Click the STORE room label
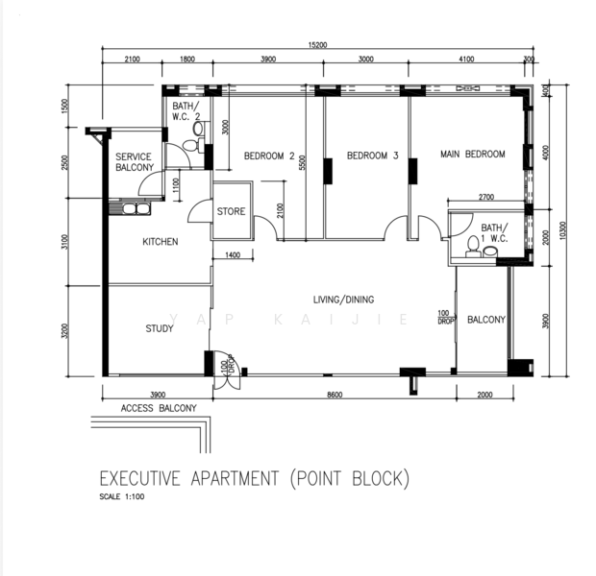coord(231,211)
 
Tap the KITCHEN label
coord(160,242)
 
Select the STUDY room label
coord(160,328)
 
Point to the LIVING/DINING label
coord(343,300)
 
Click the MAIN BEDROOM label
coord(472,154)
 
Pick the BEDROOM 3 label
coord(373,156)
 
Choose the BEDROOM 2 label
coord(269,156)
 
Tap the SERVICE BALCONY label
coord(135,162)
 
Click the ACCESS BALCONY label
coord(159,408)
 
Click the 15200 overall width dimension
coord(317,45)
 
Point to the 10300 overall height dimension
coord(563,230)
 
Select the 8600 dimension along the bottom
coord(335,395)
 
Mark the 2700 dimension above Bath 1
coord(486,197)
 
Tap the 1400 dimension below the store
coord(233,254)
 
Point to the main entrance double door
coord(226,371)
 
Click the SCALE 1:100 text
coord(122,496)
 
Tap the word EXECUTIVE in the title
coord(140,478)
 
